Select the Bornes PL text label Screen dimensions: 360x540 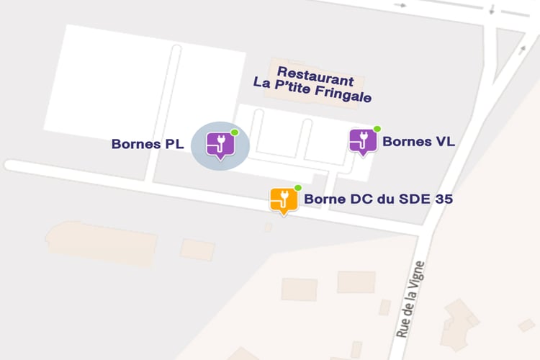(x=148, y=144)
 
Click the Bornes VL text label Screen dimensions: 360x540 (x=418, y=141)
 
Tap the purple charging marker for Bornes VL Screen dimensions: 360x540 (x=362, y=141)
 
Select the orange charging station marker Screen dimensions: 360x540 (x=284, y=199)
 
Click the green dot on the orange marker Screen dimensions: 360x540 (x=297, y=188)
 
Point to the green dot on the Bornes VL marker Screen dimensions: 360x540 (x=377, y=129)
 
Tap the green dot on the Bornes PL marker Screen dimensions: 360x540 (x=234, y=132)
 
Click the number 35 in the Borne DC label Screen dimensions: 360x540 (x=443, y=199)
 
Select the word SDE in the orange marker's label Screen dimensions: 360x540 (x=413, y=199)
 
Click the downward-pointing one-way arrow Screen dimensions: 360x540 (x=491, y=10)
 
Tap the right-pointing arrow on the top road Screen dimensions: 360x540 (x=400, y=4)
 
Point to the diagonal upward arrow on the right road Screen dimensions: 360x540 (x=522, y=50)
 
